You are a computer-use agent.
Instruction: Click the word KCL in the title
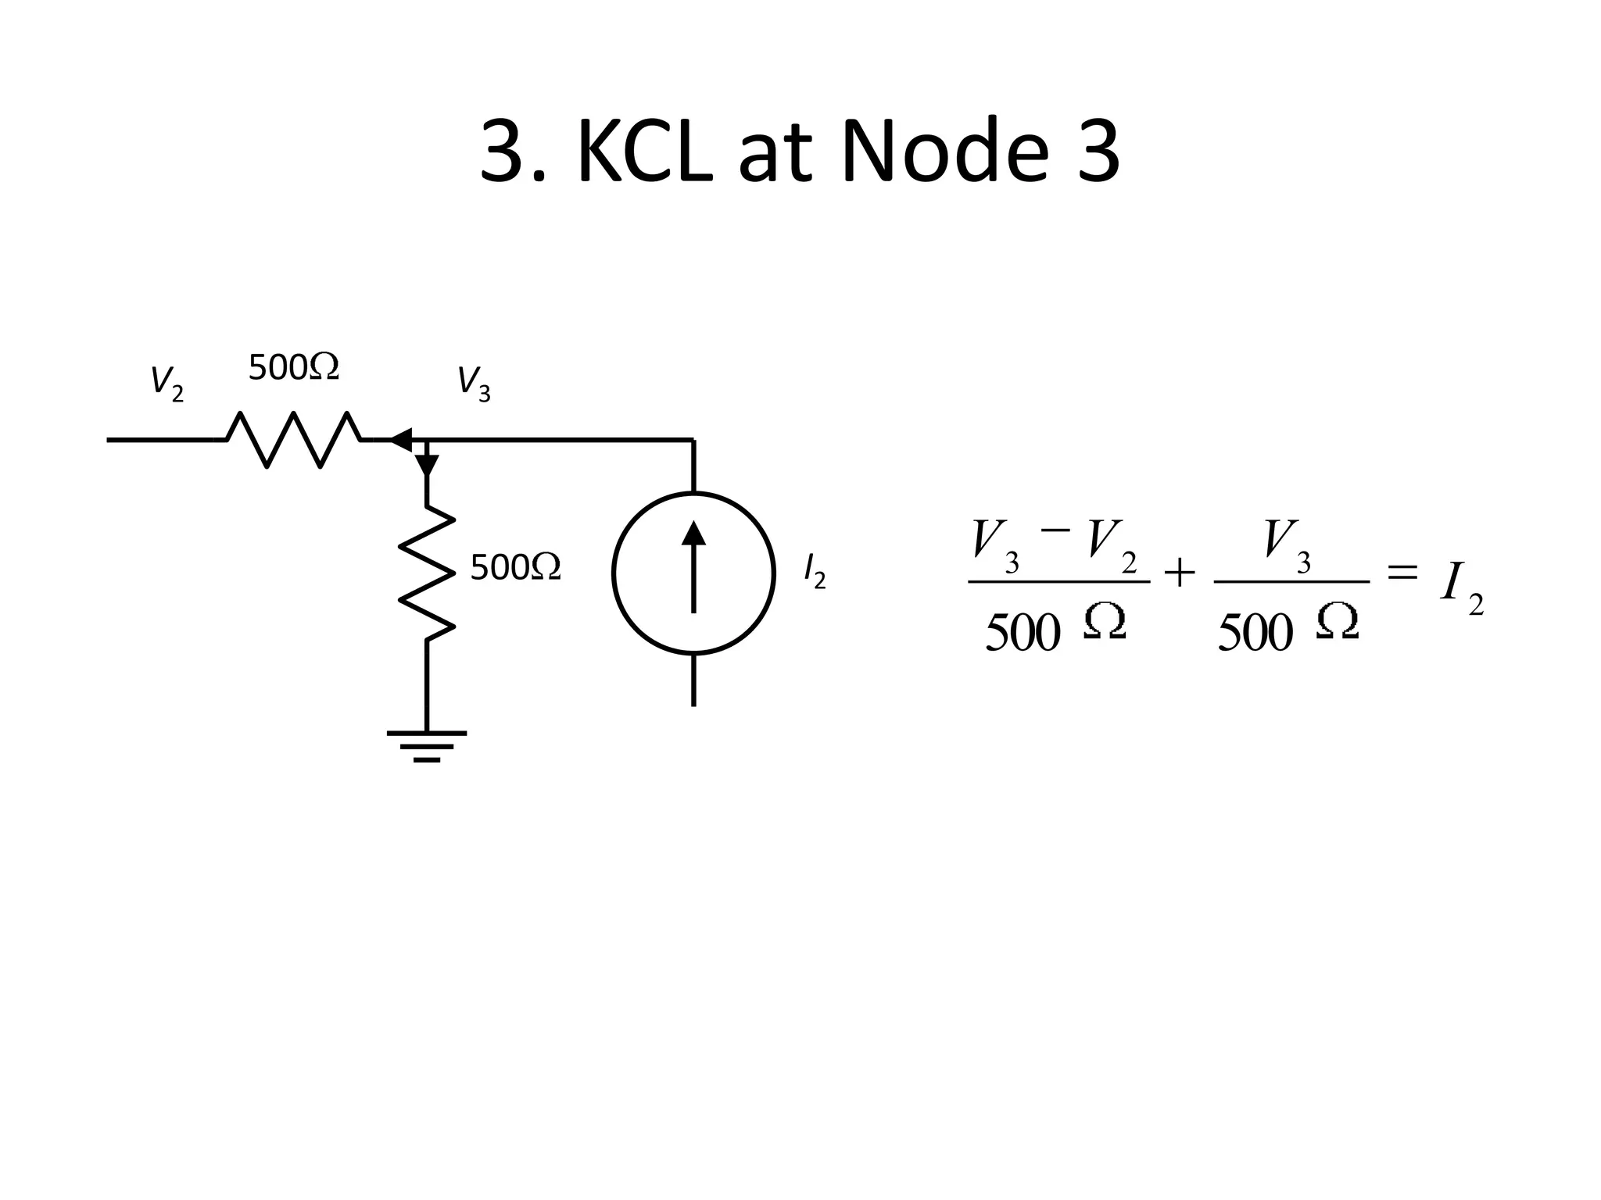(645, 151)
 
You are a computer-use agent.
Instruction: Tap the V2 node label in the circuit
(167, 383)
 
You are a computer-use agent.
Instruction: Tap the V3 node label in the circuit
(473, 383)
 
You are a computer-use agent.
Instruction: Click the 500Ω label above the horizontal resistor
(293, 367)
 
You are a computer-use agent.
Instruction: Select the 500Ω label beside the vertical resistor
(515, 567)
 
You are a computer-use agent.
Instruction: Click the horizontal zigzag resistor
(293, 440)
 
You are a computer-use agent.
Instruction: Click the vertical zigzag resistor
(427, 573)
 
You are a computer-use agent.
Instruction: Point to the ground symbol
(427, 745)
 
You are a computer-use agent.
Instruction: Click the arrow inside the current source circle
(693, 566)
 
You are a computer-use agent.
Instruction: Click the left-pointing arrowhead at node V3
(401, 440)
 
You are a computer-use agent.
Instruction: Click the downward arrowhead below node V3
(427, 464)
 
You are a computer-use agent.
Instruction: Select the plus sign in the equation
(1180, 574)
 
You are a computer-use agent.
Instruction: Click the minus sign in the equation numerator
(1055, 530)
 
